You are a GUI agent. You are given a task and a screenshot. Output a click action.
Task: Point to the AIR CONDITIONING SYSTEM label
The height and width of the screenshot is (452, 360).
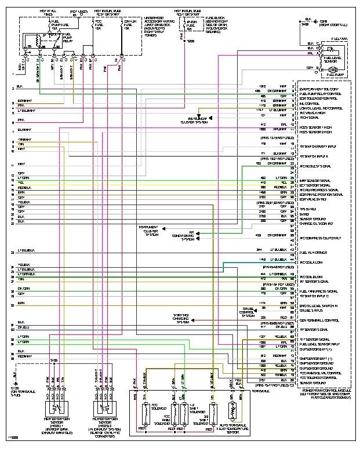click(182, 236)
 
